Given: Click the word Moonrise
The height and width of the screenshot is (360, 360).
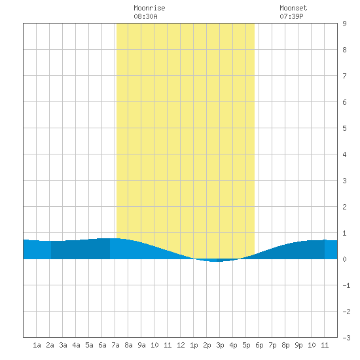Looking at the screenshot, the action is (x=149, y=8).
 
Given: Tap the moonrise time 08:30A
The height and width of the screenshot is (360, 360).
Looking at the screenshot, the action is (x=145, y=16).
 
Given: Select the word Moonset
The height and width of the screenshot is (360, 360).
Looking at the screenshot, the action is (x=293, y=8).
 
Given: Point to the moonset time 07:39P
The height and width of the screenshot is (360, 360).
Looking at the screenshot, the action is (x=291, y=16).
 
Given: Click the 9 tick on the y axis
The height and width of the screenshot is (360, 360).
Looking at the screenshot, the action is (x=344, y=24).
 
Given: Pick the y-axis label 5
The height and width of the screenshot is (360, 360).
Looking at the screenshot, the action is (x=344, y=128).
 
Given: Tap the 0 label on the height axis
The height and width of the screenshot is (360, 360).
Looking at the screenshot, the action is (x=344, y=259).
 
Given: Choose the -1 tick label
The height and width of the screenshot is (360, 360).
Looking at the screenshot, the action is (x=346, y=285).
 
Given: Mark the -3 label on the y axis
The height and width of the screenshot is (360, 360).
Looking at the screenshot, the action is (x=346, y=338).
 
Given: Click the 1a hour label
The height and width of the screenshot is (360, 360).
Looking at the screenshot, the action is (x=37, y=345).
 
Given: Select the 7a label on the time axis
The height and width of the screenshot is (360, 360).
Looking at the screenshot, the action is (x=115, y=345).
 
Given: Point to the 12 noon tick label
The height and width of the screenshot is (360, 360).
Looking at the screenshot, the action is (x=181, y=345).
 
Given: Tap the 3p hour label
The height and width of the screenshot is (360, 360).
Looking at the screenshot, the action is (x=220, y=345).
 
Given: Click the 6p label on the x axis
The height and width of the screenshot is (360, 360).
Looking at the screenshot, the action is (x=259, y=345).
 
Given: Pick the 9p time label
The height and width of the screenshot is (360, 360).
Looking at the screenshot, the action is (x=298, y=345).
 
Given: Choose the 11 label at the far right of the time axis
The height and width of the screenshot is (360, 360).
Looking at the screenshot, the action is (x=325, y=345).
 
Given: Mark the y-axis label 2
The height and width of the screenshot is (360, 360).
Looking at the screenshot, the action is (x=344, y=207).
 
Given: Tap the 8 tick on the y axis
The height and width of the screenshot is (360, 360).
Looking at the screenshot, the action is (x=344, y=50).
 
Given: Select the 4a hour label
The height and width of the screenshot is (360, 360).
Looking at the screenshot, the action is (x=76, y=345).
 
